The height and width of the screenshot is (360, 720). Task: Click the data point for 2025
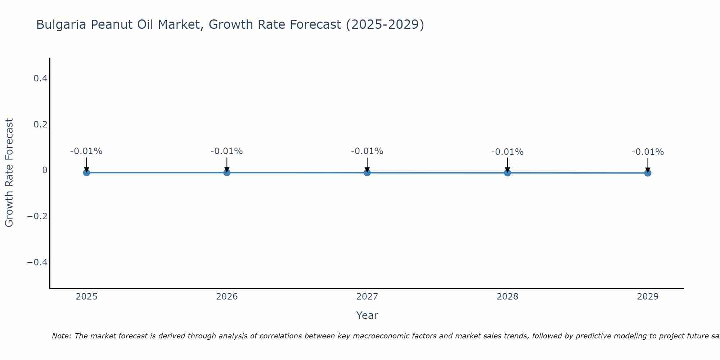(x=86, y=172)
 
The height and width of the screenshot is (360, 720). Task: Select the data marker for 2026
(x=227, y=172)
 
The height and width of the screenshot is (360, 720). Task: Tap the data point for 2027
(x=367, y=172)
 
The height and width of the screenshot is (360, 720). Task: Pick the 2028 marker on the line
(x=507, y=173)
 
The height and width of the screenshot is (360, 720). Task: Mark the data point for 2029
(x=648, y=173)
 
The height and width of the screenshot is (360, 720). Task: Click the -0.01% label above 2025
(x=86, y=151)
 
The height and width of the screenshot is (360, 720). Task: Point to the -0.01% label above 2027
(x=367, y=151)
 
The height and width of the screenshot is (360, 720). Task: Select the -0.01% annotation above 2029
(x=648, y=152)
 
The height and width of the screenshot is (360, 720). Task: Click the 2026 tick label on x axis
(x=227, y=297)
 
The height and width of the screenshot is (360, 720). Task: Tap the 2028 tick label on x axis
(x=507, y=297)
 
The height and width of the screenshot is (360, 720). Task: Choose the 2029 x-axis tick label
(x=648, y=297)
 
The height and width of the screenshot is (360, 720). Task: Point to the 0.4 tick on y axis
(x=40, y=78)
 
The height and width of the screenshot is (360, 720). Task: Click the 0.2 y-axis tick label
(x=40, y=124)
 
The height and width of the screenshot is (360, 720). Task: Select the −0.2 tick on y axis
(x=37, y=216)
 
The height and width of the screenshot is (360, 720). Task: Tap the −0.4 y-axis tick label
(x=37, y=262)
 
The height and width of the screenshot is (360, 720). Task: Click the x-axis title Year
(x=367, y=315)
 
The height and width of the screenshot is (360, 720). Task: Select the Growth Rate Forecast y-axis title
(x=9, y=173)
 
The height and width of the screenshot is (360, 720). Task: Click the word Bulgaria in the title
(x=61, y=24)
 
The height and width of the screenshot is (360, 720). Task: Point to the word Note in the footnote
(x=61, y=336)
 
